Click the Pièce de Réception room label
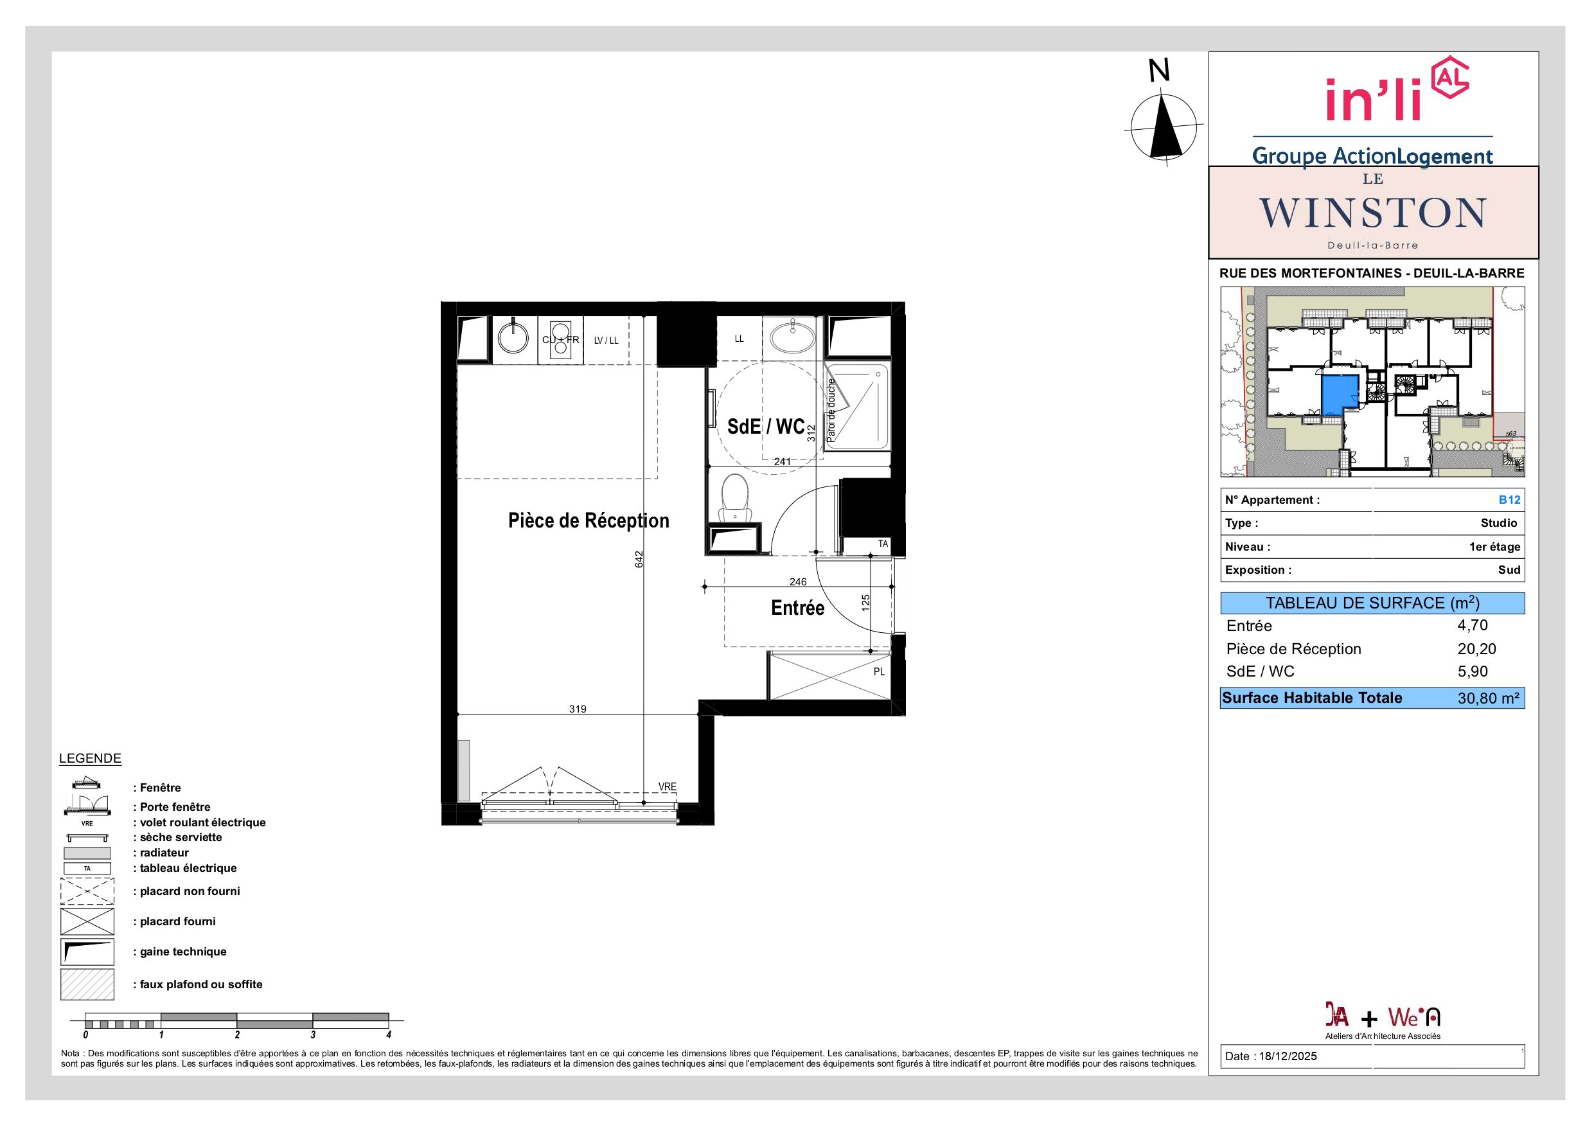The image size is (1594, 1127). pyautogui.click(x=589, y=521)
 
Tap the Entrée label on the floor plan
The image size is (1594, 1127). pyautogui.click(x=798, y=608)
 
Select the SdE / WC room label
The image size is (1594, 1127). pyautogui.click(x=766, y=427)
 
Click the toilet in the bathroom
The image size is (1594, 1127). pyautogui.click(x=735, y=499)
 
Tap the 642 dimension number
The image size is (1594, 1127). pyautogui.click(x=639, y=560)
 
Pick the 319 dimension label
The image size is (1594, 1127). pyautogui.click(x=578, y=709)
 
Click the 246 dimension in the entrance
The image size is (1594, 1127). pyautogui.click(x=798, y=582)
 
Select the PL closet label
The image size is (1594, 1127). pyautogui.click(x=879, y=672)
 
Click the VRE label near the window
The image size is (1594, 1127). pyautogui.click(x=667, y=786)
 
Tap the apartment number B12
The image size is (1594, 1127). pyautogui.click(x=1509, y=500)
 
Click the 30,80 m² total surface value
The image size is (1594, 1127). pyautogui.click(x=1489, y=698)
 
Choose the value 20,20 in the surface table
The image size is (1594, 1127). pyautogui.click(x=1476, y=648)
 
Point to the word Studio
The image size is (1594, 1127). pyautogui.click(x=1499, y=523)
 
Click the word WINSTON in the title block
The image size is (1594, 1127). pyautogui.click(x=1372, y=213)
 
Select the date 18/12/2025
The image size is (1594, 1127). pyautogui.click(x=1288, y=1056)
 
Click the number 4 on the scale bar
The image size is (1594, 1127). pyautogui.click(x=389, y=1034)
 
